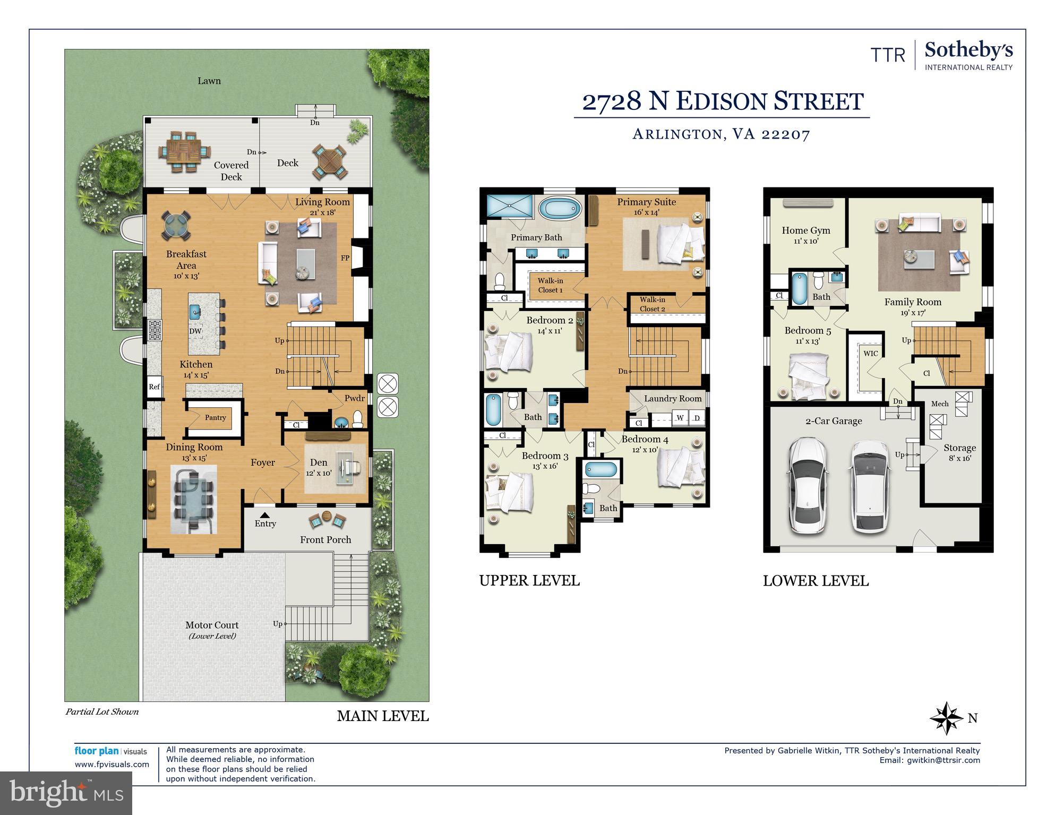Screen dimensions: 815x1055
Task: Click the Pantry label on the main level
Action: pos(215,418)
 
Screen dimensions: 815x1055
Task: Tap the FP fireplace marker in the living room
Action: pos(345,258)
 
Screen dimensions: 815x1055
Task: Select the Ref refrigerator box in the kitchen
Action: pos(154,387)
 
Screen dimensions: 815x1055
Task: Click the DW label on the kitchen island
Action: pos(195,331)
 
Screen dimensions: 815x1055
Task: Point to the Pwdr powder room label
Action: pos(354,398)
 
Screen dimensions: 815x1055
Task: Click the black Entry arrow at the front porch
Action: pos(264,514)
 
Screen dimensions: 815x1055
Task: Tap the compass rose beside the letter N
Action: pos(946,718)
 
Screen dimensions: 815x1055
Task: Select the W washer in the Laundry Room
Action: pos(680,418)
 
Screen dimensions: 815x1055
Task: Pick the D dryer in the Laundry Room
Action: pos(697,418)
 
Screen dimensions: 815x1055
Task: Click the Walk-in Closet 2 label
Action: pos(652,304)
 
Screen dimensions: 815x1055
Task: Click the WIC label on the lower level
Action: pos(870,353)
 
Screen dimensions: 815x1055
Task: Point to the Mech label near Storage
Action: pos(939,404)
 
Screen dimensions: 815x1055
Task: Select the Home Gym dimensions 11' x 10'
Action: pos(805,241)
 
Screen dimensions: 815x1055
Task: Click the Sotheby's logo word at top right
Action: pos(968,51)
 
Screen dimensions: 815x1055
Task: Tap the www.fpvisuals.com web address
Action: pos(112,765)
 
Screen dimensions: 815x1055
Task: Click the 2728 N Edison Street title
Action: pos(723,101)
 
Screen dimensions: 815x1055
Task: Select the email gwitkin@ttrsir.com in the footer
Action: pos(943,760)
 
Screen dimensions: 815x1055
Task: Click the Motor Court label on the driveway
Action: pos(212,625)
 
